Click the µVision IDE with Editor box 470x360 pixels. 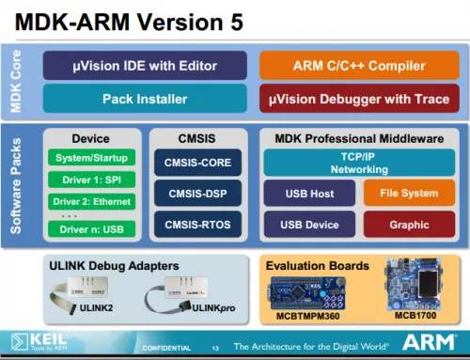click(145, 66)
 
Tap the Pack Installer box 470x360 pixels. click(145, 98)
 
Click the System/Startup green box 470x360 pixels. click(91, 158)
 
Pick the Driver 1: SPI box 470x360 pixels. click(91, 180)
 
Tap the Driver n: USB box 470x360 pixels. click(91, 228)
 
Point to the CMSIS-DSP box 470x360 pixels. click(197, 195)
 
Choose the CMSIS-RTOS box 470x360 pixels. click(197, 225)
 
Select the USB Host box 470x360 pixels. click(309, 195)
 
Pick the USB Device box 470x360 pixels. click(309, 225)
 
